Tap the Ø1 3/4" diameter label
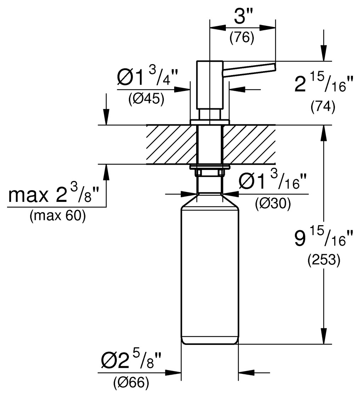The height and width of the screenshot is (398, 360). point(147,77)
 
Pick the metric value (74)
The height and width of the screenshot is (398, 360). point(322,107)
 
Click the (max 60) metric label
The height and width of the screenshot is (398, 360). point(58,216)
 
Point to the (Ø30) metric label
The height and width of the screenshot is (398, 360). point(273,203)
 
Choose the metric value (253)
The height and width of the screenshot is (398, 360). point(324,260)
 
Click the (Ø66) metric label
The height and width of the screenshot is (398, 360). point(131,383)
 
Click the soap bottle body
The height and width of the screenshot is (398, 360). point(210,276)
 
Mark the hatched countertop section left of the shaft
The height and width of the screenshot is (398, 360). point(172,144)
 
